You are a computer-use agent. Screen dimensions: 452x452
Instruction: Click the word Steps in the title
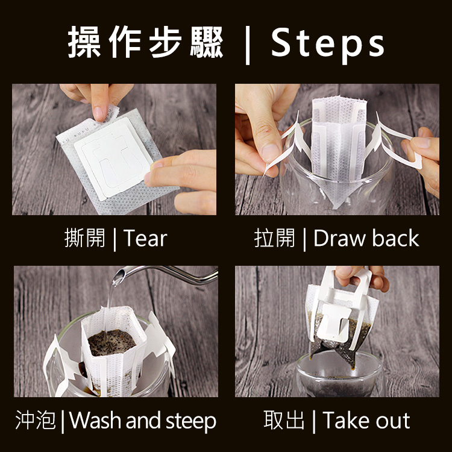(328, 45)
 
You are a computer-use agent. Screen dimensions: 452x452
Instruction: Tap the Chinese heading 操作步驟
(146, 42)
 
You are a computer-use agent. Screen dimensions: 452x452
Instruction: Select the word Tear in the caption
(145, 238)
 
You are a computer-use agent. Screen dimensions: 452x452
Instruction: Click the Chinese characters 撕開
(85, 238)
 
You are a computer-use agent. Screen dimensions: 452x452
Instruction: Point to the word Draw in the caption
(339, 239)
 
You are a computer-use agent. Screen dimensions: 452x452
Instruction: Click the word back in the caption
(395, 238)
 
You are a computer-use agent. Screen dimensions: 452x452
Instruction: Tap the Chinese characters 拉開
(274, 238)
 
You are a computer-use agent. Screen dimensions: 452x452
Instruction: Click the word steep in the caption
(191, 422)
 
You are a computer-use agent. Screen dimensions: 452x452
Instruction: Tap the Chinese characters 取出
(284, 420)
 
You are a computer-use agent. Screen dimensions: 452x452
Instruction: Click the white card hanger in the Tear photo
(113, 157)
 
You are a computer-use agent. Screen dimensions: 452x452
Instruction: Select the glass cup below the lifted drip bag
(339, 375)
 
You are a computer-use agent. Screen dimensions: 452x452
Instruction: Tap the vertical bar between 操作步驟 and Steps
(247, 45)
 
